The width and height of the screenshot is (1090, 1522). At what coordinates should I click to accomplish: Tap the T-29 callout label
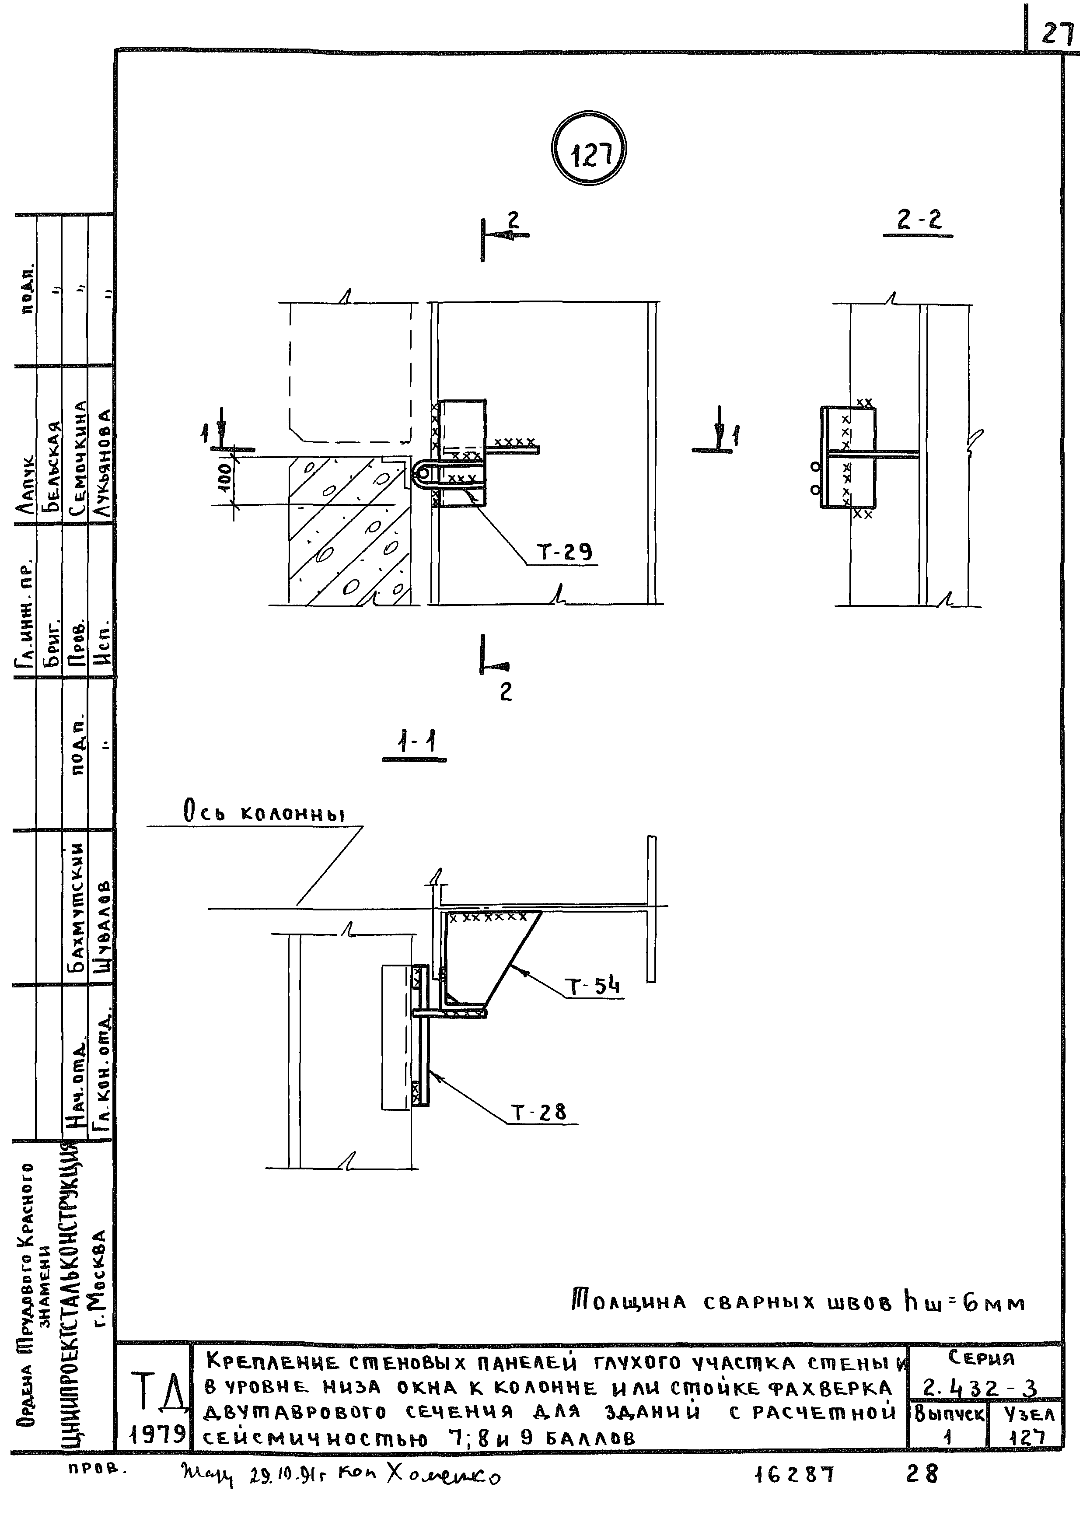tap(564, 552)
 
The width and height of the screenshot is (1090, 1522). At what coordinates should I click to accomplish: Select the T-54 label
tap(594, 987)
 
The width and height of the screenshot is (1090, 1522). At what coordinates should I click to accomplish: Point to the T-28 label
tap(540, 1113)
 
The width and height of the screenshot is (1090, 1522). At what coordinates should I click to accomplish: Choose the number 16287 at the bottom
tap(794, 1474)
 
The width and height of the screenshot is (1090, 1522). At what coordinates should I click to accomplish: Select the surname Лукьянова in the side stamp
tap(101, 463)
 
